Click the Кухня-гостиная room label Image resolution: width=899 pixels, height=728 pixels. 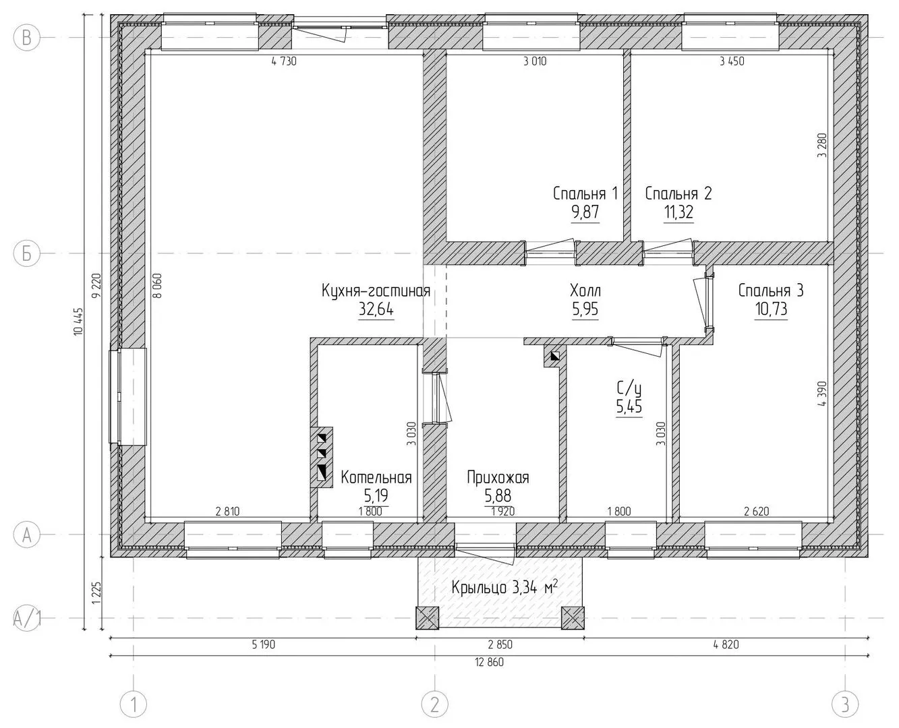click(x=376, y=291)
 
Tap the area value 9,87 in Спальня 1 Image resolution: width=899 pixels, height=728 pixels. click(x=585, y=212)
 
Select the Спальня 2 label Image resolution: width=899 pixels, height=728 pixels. click(x=678, y=193)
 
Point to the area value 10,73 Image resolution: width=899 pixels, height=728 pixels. click(x=771, y=309)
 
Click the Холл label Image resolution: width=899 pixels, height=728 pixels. click(x=585, y=291)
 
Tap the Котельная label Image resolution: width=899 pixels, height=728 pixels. click(x=376, y=477)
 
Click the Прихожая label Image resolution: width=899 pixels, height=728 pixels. click(x=498, y=477)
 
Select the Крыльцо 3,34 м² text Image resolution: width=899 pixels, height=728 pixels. click(x=504, y=587)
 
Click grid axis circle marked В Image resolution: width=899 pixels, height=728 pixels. click(x=26, y=38)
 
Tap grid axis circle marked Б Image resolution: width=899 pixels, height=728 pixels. click(x=26, y=253)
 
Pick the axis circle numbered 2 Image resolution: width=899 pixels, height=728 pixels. click(x=435, y=704)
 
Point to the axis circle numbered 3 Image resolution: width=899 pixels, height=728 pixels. click(x=845, y=704)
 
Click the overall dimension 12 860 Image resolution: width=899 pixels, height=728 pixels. click(x=489, y=662)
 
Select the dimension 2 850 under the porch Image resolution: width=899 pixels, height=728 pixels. click(x=500, y=644)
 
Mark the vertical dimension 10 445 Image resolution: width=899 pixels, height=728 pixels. click(x=78, y=322)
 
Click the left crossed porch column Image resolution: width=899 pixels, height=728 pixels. click(x=427, y=618)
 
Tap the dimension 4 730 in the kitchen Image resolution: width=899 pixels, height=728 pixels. click(x=284, y=61)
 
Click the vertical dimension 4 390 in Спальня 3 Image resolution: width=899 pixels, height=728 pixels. click(x=821, y=394)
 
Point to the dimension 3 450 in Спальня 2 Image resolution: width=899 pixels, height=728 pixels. click(x=732, y=61)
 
